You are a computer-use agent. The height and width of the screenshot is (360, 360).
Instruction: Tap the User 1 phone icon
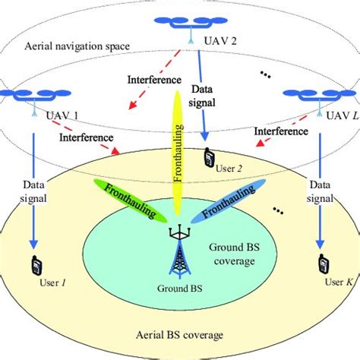click(x=36, y=266)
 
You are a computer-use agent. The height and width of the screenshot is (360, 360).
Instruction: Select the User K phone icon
click(x=324, y=265)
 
